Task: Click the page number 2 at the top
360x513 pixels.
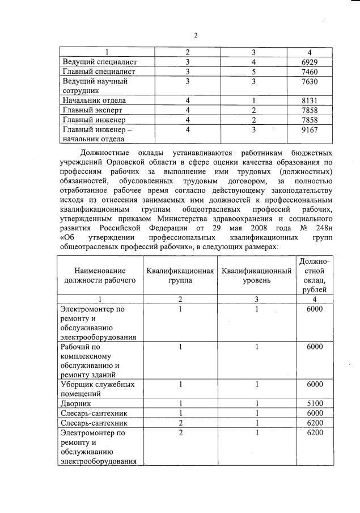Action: click(195, 35)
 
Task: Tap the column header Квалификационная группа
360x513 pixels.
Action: click(180, 275)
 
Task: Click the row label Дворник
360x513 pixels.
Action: click(77, 403)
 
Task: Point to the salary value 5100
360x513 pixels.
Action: click(314, 403)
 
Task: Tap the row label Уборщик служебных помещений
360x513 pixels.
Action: click(97, 389)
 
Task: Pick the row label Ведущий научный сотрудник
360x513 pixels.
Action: click(94, 86)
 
